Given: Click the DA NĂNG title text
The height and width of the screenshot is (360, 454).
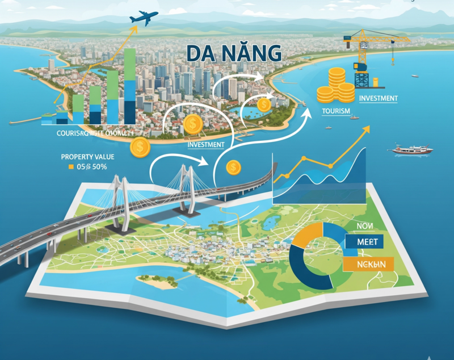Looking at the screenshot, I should click(234, 54).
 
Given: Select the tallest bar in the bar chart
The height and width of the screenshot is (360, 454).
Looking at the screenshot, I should click(129, 85).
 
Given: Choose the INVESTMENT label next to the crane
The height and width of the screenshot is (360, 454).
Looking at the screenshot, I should click(379, 98).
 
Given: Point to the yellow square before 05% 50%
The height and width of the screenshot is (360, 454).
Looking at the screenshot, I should click(70, 167).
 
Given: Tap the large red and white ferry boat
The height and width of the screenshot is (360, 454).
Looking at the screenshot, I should click(413, 150).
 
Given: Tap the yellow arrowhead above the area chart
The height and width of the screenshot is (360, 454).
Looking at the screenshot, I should click(365, 131).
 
